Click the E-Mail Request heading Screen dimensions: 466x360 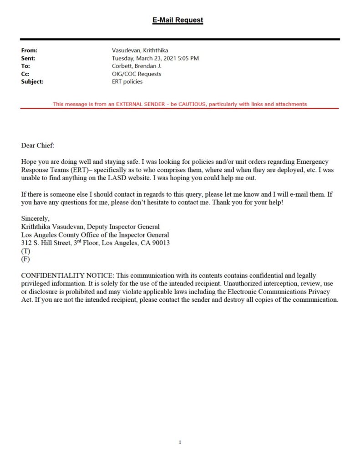pos(177,20)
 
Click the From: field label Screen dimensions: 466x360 pos(29,51)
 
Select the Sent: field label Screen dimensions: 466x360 pos(28,58)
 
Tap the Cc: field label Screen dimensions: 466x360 pos(26,74)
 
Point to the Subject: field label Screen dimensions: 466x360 pos(32,81)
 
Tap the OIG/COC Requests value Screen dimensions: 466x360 pos(137,74)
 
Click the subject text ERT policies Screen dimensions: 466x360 pos(127,81)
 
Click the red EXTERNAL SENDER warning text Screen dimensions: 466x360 pos(180,104)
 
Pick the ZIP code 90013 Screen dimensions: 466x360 pos(160,243)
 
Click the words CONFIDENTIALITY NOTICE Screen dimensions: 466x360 pos(65,276)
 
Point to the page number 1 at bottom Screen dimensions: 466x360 pos(180,442)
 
